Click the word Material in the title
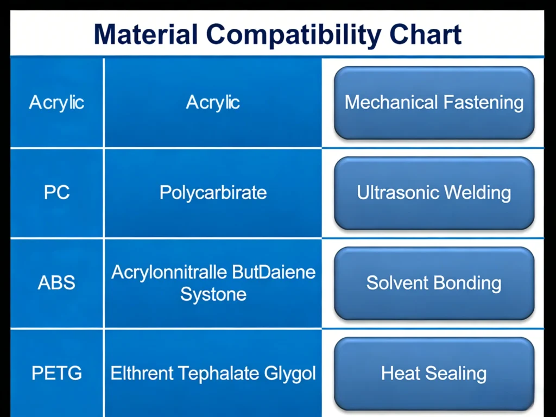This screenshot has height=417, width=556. click(x=146, y=34)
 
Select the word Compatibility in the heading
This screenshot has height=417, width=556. click(x=294, y=34)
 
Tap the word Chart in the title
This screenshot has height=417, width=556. click(x=425, y=34)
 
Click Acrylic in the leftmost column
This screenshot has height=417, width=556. click(x=56, y=102)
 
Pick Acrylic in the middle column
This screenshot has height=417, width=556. click(x=213, y=102)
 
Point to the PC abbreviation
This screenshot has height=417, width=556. click(x=56, y=193)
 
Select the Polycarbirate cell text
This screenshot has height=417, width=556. click(x=213, y=193)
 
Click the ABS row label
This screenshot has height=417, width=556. click(x=56, y=283)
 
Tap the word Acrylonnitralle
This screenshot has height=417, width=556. click(x=161, y=271)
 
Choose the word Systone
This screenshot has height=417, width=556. click(x=213, y=294)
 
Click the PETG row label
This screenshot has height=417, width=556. click(x=56, y=374)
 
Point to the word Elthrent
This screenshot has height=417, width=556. click(x=142, y=374)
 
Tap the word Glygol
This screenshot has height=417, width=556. click(x=290, y=374)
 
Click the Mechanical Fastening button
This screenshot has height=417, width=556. click(x=434, y=103)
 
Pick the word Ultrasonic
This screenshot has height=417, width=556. click(x=398, y=193)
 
